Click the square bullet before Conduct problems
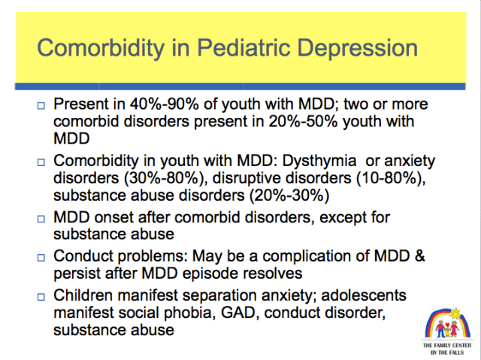[x=41, y=256]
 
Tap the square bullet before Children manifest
[x=41, y=295]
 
